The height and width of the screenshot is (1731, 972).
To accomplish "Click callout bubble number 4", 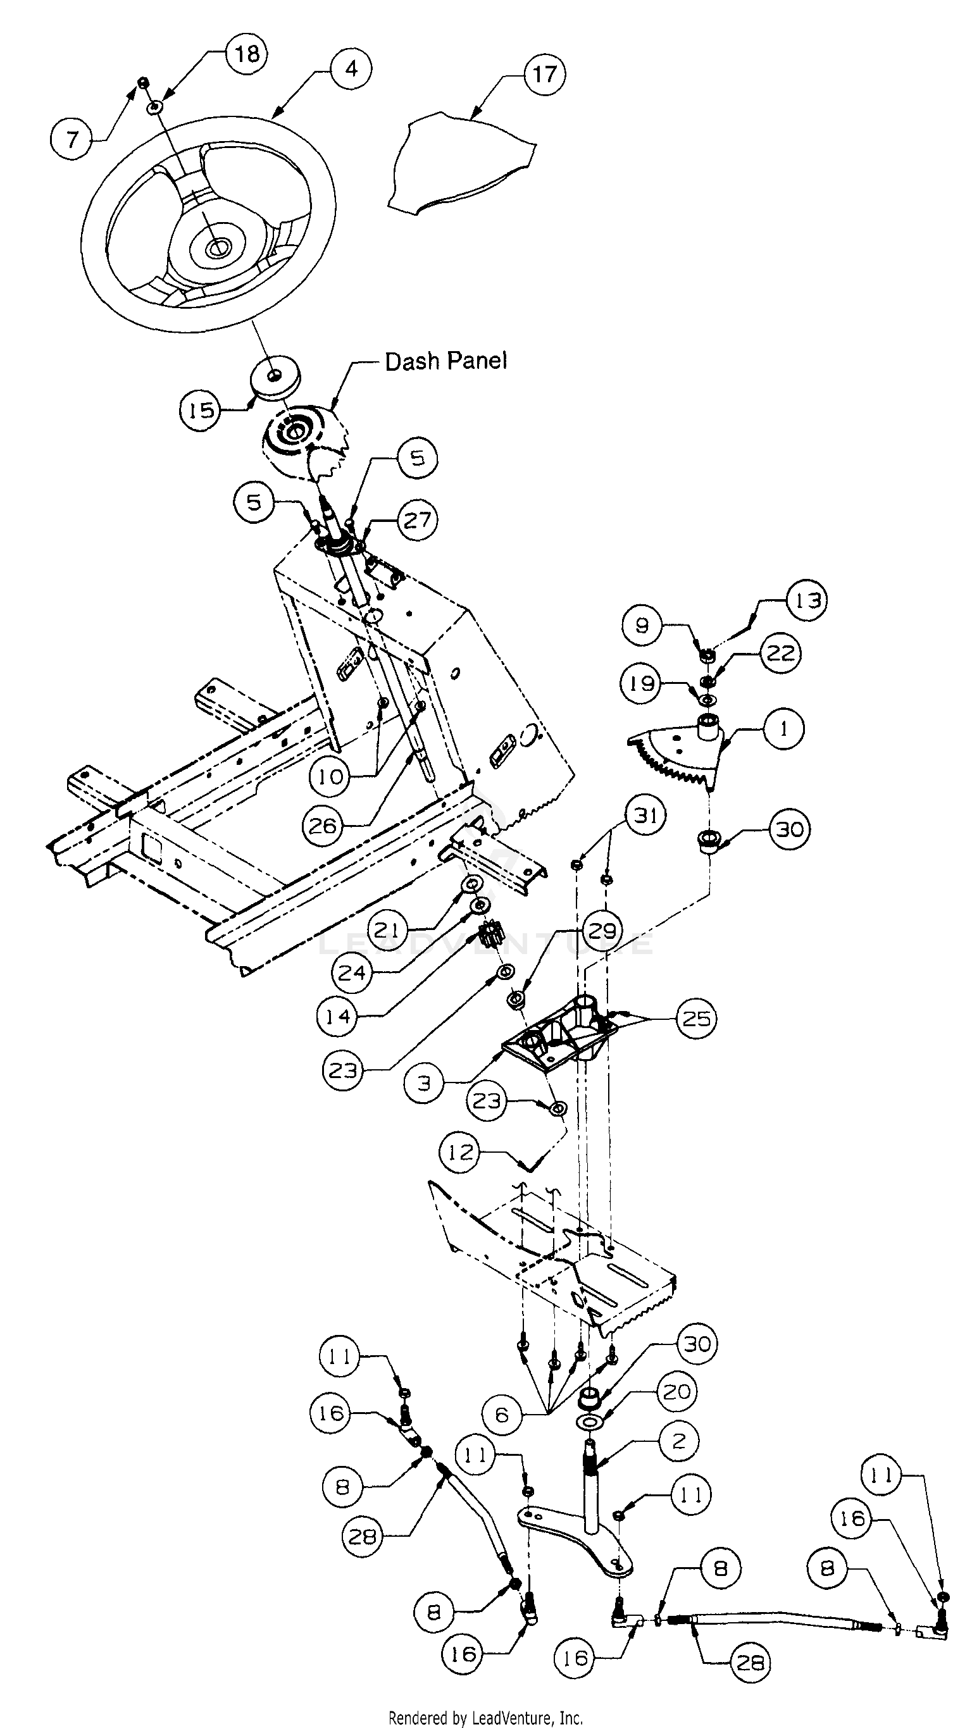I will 351,68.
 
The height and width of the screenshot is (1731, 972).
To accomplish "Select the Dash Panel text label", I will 445,361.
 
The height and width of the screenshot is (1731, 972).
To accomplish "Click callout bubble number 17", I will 544,74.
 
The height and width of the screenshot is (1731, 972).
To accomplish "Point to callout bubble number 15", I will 201,410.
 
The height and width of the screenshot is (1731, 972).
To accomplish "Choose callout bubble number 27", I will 418,519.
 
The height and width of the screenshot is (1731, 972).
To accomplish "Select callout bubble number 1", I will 783,729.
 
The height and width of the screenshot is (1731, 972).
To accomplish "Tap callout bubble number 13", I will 807,600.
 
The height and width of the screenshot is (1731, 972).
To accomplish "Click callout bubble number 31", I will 645,815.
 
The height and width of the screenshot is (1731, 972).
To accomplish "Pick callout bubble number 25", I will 695,1019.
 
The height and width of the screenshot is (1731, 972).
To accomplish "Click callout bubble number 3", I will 425,1083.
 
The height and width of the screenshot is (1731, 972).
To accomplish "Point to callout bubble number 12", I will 461,1153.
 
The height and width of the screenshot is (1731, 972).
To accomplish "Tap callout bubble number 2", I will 679,1441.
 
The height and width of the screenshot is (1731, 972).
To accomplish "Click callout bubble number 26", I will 322,826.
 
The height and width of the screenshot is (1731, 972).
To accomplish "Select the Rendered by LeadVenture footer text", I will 485,1718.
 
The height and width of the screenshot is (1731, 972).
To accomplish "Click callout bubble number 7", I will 72,140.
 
